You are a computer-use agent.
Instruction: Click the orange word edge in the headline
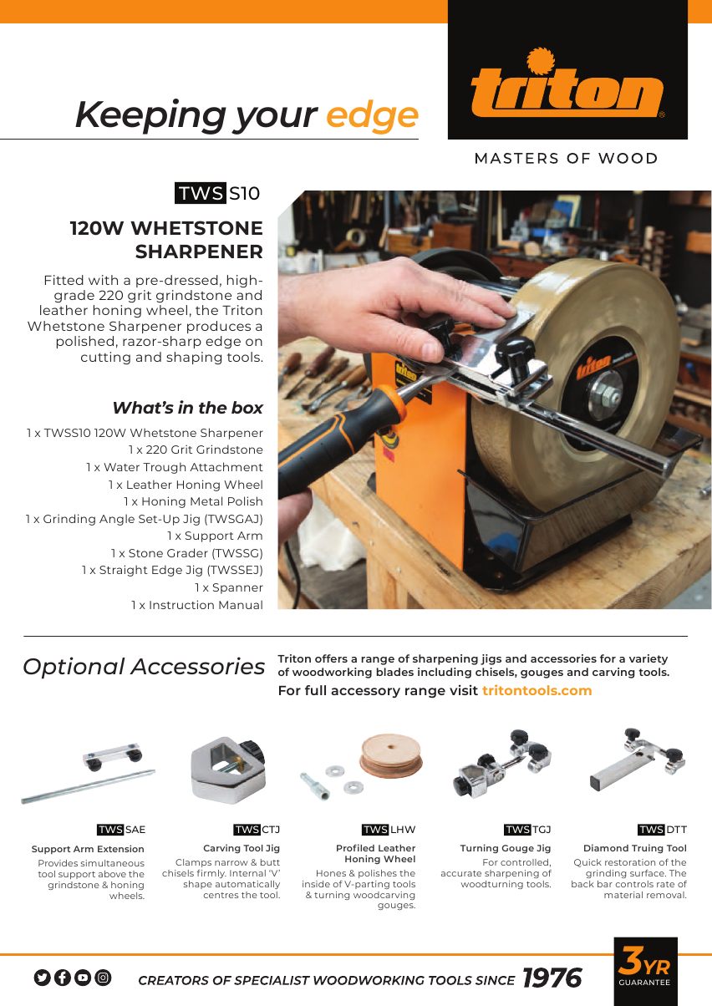coord(373,116)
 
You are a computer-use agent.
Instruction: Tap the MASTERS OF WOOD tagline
coord(566,158)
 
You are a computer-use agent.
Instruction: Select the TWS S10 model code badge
coord(217,193)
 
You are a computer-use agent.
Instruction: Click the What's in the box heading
coord(188,408)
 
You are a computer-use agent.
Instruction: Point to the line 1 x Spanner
coord(229,587)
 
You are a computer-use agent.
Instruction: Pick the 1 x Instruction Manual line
coord(196,605)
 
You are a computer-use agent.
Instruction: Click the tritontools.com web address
coord(537,690)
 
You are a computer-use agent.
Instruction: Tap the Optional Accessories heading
coord(144,667)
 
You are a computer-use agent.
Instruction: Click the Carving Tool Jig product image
coord(228,770)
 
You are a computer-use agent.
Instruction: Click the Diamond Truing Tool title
coord(635,848)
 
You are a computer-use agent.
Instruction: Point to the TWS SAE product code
coord(121,830)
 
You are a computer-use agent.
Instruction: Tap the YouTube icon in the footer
coord(83,978)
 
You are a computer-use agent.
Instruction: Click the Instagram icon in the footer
coord(103,978)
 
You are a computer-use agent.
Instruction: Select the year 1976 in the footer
coord(552,978)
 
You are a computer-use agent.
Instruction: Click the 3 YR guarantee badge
coord(645,971)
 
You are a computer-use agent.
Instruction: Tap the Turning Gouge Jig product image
coord(502,764)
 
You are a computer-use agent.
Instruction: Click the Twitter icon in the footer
coord(43,978)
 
